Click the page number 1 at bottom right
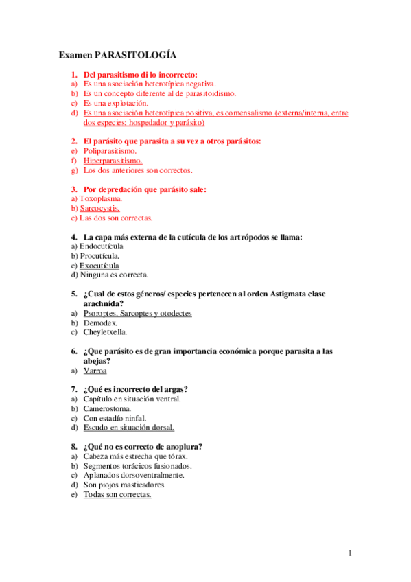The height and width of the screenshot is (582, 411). [350, 553]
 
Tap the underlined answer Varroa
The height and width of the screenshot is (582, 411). [95, 371]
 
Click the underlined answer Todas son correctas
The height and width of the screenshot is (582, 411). [117, 494]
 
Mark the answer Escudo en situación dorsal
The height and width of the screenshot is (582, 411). [128, 428]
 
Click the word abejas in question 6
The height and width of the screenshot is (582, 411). [96, 360]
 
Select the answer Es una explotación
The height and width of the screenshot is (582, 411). [116, 103]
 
